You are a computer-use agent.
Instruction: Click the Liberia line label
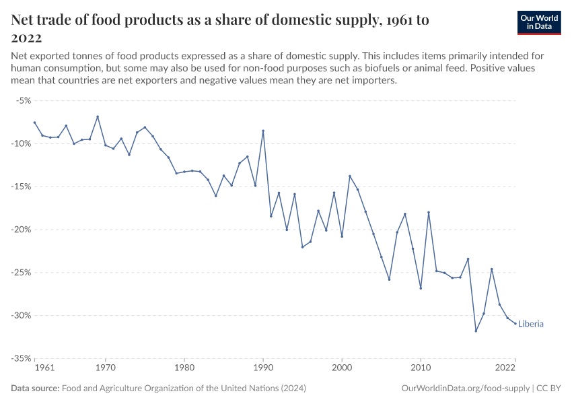(x=531, y=324)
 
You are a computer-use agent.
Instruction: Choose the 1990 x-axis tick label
(x=263, y=368)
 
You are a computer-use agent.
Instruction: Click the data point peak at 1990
(x=263, y=131)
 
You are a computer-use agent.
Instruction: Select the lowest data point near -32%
(x=476, y=331)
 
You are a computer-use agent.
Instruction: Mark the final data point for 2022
(x=515, y=324)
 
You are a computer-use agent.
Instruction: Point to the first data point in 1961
(x=34, y=123)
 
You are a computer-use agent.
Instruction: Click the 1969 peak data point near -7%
(x=98, y=116)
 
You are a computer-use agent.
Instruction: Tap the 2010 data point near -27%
(x=421, y=288)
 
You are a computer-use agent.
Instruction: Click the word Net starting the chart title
(x=24, y=20)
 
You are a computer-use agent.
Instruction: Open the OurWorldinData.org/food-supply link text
(x=464, y=389)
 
